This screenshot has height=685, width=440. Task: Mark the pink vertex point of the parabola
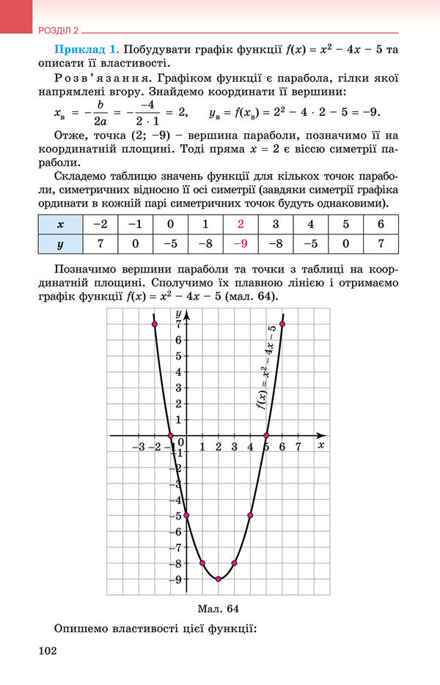coord(219,579)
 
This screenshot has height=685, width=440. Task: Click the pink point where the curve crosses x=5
coord(266,436)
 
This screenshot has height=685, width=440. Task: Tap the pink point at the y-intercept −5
coord(186,515)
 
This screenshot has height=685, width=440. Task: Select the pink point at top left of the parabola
coord(155,324)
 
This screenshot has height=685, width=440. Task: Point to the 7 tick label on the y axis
coord(178,324)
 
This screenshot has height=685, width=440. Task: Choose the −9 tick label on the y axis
coord(177,579)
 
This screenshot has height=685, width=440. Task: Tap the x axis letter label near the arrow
coord(321,445)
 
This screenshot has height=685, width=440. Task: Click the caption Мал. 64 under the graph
coord(219,608)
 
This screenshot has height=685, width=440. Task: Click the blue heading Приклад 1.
coord(87,50)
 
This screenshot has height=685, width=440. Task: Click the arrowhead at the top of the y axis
coord(186,314)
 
